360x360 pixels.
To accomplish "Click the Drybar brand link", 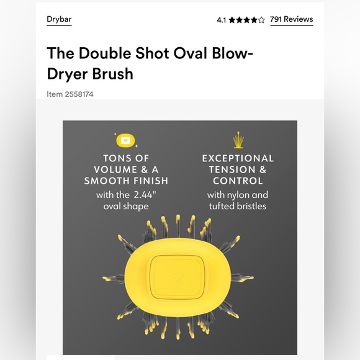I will tap(59, 19).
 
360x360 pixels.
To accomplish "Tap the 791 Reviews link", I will tap(291, 19).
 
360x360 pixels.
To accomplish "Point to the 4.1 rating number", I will tap(222, 20).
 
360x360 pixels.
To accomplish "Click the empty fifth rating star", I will tap(261, 20).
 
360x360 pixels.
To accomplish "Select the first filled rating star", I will tap(232, 20).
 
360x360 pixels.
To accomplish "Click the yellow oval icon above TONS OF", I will tap(126, 140).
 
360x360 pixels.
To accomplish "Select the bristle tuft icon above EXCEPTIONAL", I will tap(237, 138).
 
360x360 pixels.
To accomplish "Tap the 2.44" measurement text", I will tap(145, 195).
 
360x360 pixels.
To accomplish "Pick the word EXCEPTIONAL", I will tap(238, 158).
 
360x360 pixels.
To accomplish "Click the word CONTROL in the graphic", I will tap(238, 181).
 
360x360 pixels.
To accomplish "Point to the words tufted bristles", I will tap(238, 206).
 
